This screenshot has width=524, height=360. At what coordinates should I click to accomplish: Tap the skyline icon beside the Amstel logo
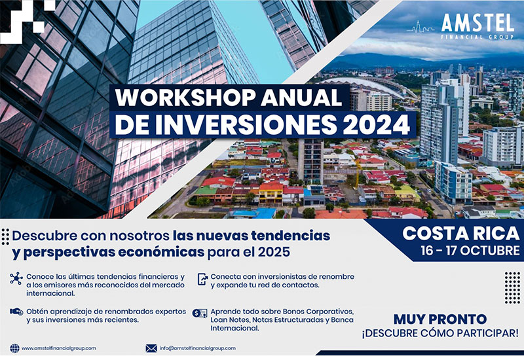[x=421, y=27]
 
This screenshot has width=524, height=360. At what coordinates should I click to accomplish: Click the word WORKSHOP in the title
[x=185, y=98]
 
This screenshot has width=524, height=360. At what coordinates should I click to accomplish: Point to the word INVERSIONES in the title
[x=246, y=125]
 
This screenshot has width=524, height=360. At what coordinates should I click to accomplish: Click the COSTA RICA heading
[x=461, y=234]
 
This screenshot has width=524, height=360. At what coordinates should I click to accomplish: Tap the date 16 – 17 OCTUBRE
[x=470, y=251]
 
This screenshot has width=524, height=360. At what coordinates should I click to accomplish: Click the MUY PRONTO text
[x=440, y=319]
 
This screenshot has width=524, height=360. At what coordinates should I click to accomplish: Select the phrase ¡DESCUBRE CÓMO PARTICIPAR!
[x=440, y=333]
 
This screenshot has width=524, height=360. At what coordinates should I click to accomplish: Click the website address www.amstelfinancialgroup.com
[x=59, y=348]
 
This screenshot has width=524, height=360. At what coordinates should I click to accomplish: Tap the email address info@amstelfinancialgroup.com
[x=198, y=348]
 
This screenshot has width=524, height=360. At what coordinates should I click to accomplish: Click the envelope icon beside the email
[x=151, y=348]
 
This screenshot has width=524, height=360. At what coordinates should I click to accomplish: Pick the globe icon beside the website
[x=14, y=348]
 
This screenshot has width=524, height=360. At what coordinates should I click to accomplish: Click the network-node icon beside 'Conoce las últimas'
[x=16, y=279]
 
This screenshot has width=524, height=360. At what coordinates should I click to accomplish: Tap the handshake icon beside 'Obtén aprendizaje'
[x=16, y=312]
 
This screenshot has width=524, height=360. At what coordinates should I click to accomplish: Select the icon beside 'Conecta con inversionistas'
[x=202, y=279]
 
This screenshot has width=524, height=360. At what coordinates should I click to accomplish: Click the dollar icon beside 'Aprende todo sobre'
[x=200, y=314]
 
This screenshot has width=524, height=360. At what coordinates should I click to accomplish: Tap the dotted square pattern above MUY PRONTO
[x=512, y=288]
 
